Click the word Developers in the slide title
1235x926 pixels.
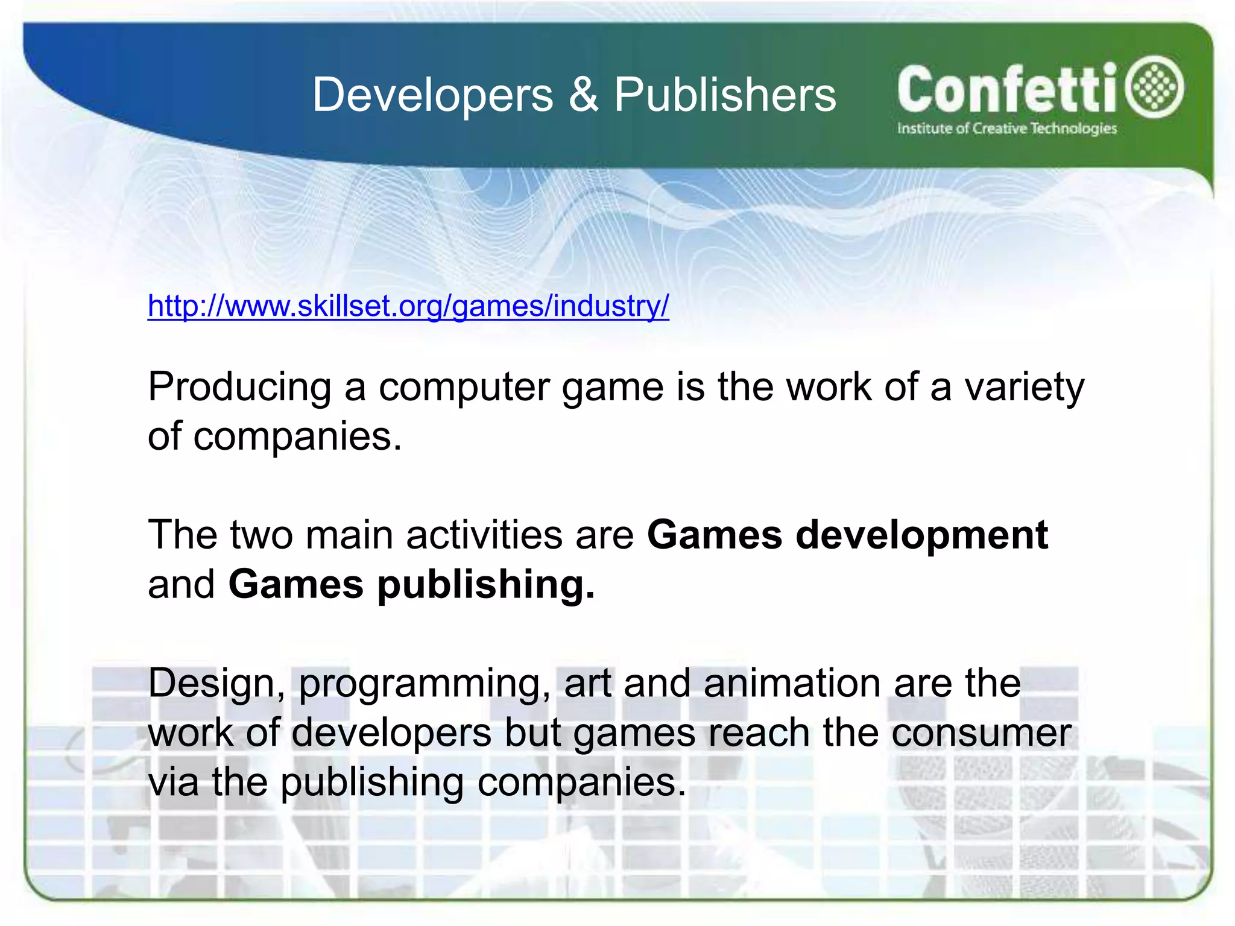pyautogui.click(x=432, y=95)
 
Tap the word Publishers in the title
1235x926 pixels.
pyautogui.click(x=725, y=95)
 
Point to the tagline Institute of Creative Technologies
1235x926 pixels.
pyautogui.click(x=1006, y=128)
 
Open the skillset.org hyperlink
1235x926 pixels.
pyautogui.click(x=408, y=306)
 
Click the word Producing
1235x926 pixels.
pyautogui.click(x=239, y=386)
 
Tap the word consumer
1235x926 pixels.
pyautogui.click(x=981, y=734)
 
